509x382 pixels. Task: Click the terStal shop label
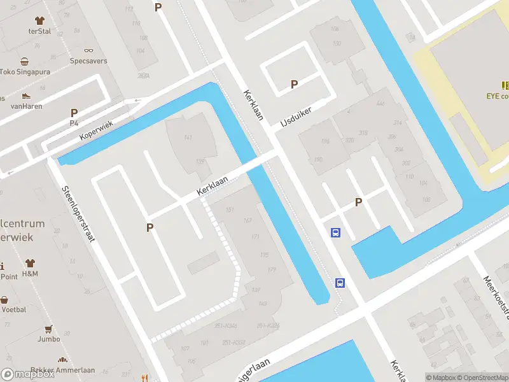[39, 31]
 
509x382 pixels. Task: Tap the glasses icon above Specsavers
[88, 50]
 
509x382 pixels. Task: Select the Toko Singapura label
[25, 72]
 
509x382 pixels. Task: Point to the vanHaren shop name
[27, 106]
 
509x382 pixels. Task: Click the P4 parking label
[74, 124]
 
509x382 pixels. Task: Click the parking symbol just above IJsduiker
[294, 84]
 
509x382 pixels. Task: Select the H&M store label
[30, 274]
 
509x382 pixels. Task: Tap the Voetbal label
[14, 309]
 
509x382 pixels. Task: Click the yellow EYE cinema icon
[505, 85]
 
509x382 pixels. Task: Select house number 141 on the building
[188, 138]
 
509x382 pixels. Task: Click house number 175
[264, 255]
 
